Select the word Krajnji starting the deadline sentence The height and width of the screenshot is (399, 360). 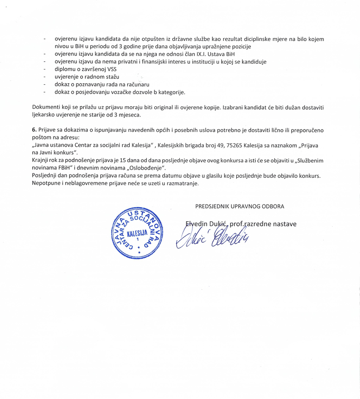41,160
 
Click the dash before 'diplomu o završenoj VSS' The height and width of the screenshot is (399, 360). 45,69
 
